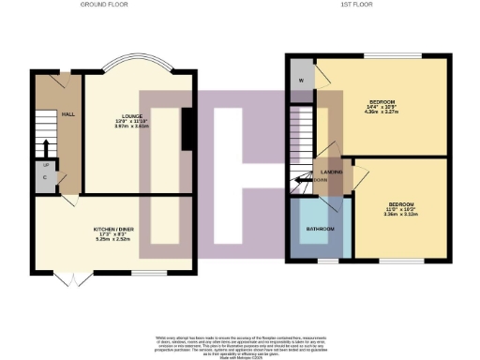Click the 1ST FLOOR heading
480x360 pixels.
pyautogui.click(x=363, y=5)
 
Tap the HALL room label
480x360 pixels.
pyautogui.click(x=68, y=113)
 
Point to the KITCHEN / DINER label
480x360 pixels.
pyautogui.click(x=112, y=228)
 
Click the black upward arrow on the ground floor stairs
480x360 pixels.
pyautogui.click(x=45, y=147)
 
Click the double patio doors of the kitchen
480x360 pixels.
pyautogui.click(x=70, y=277)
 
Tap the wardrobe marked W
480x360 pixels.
pyautogui.click(x=301, y=79)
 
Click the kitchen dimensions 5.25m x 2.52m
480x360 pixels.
pyautogui.click(x=112, y=239)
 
